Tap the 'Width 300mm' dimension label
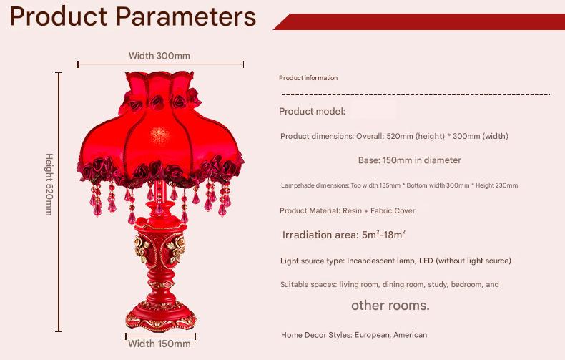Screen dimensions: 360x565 (x=159, y=56)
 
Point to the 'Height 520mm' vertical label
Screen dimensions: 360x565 (x=49, y=184)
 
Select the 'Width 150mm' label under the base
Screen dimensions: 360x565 (x=159, y=344)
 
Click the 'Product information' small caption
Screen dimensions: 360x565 (x=308, y=78)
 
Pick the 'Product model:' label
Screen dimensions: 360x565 (x=313, y=111)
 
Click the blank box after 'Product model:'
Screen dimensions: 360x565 (x=373, y=111)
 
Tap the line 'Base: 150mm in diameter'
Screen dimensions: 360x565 (x=409, y=160)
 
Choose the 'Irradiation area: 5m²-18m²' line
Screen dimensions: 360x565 (x=344, y=235)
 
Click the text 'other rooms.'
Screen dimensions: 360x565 (x=390, y=306)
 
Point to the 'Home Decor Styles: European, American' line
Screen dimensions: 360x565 (x=354, y=334)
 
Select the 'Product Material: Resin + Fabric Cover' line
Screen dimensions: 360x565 (x=348, y=210)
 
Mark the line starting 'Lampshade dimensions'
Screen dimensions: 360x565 (x=399, y=185)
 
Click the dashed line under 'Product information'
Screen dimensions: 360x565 (x=415, y=94)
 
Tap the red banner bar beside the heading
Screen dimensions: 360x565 (x=422, y=21)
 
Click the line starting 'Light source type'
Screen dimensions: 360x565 (x=395, y=261)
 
